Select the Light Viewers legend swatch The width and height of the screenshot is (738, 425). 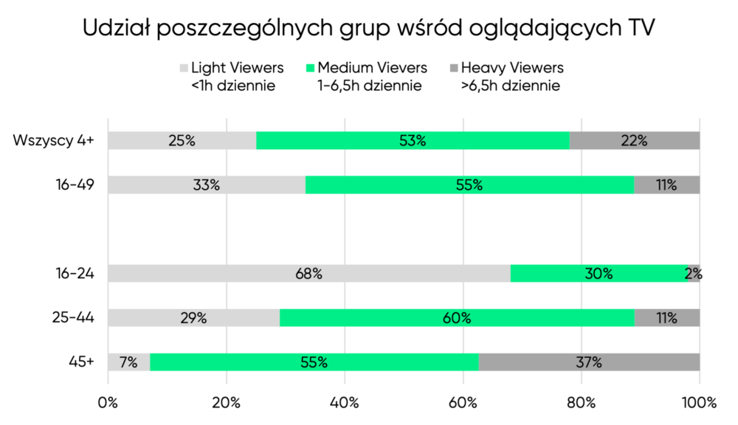[184, 68]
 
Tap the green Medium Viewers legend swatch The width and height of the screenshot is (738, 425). [311, 68]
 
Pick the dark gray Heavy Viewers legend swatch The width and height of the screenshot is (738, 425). [454, 68]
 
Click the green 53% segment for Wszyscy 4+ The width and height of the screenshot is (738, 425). [413, 140]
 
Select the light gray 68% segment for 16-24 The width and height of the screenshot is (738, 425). [308, 273]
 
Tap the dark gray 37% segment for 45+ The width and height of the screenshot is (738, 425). [589, 362]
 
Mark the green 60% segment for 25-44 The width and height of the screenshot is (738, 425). [457, 318]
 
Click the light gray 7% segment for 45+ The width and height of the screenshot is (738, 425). [129, 362]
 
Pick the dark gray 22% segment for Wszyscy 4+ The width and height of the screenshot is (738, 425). [634, 140]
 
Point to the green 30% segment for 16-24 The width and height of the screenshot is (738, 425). [599, 273]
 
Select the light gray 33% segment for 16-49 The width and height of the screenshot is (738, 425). [207, 184]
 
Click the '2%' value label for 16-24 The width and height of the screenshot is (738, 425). [693, 274]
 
